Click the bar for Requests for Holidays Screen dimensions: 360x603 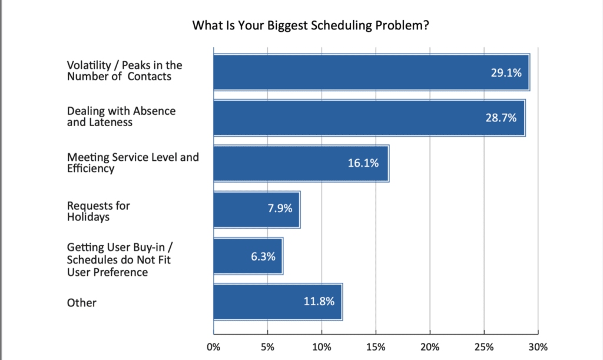click(x=256, y=210)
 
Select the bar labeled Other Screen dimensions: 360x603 click(x=277, y=302)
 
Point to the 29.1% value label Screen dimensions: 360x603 click(x=506, y=72)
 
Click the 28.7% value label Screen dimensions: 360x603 click(x=502, y=118)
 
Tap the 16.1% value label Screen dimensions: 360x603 click(x=363, y=164)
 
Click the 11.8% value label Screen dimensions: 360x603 click(x=319, y=302)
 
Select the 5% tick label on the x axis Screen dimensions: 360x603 click(x=267, y=346)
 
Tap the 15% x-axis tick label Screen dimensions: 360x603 click(x=376, y=346)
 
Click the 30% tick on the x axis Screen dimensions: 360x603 click(x=538, y=346)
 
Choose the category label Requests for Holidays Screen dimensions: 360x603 click(x=98, y=210)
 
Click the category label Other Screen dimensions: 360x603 click(x=81, y=303)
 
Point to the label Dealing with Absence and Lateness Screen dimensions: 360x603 click(x=121, y=117)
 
